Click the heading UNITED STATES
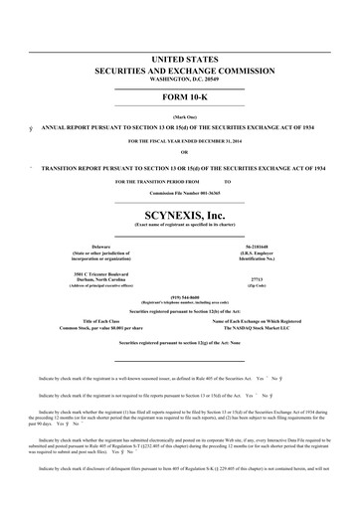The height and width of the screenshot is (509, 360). (179, 61)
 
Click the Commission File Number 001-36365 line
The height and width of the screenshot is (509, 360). (179, 192)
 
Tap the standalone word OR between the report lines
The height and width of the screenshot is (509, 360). (179, 153)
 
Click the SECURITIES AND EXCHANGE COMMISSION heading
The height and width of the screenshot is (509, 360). (179, 73)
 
